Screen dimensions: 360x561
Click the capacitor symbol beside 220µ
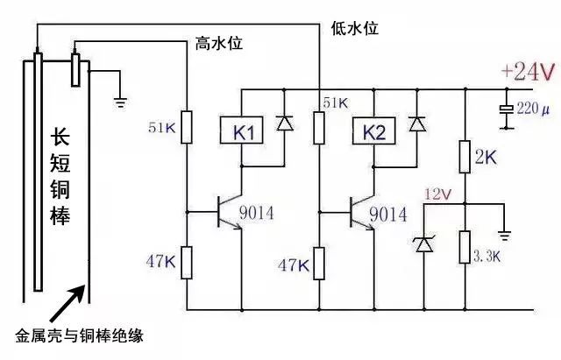click(507, 109)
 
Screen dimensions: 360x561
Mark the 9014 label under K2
click(387, 214)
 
